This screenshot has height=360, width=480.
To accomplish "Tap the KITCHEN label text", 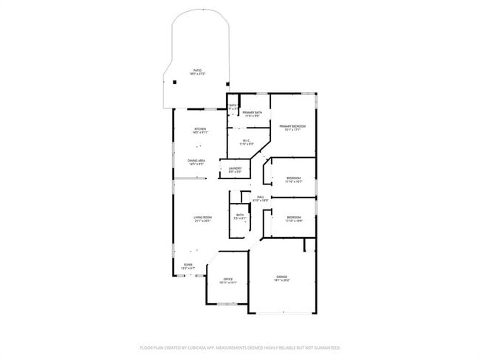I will (x=199, y=128).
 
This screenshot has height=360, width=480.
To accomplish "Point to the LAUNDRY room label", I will (x=235, y=168).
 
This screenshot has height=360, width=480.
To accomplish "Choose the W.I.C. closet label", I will (x=247, y=140).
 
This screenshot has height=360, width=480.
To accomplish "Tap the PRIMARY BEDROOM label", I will (x=292, y=126).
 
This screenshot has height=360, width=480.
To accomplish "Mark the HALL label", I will (x=261, y=197).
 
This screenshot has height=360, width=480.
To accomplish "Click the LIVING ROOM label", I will (x=202, y=217).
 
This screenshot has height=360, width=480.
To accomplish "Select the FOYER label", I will (x=188, y=263).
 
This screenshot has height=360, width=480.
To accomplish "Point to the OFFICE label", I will (x=227, y=279).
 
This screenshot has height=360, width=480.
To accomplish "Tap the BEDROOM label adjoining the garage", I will (x=294, y=217).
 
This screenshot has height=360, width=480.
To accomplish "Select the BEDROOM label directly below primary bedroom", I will (x=294, y=178).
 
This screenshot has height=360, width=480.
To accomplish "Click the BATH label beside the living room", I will (x=240, y=215).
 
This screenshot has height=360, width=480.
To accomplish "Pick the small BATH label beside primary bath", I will (x=233, y=105).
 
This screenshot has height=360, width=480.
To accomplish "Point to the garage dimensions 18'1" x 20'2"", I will (x=282, y=280).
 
